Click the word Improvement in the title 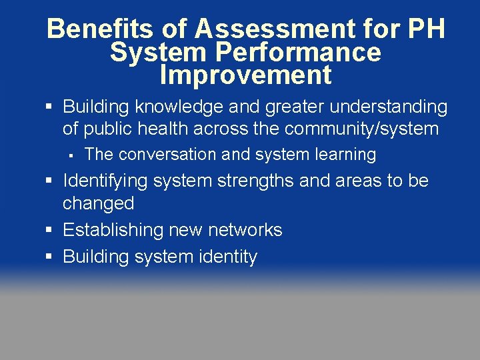click(x=245, y=75)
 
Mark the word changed click(x=98, y=203)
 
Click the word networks click(x=245, y=230)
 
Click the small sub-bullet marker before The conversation click(x=69, y=155)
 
